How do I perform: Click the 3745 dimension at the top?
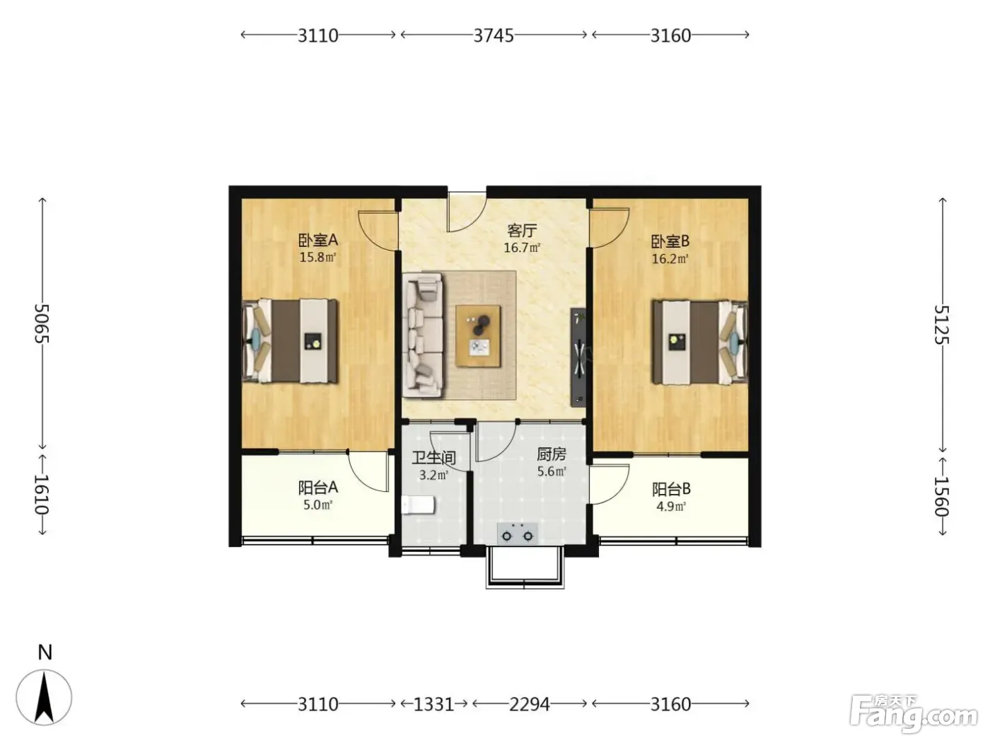point(494,35)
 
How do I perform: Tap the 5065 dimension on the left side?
point(42,323)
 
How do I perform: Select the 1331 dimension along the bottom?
point(433,704)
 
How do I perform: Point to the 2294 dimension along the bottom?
point(530,704)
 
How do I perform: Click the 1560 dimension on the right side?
point(942,496)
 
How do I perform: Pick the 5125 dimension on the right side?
point(942,325)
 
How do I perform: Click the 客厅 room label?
point(522,231)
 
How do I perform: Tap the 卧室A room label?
point(318,240)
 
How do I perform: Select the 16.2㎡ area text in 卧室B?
point(670,259)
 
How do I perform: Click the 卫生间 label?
point(434,458)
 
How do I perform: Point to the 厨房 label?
point(551,454)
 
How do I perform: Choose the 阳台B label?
point(671,488)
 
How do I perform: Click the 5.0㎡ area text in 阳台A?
point(318,505)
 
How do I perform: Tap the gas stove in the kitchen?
point(518,534)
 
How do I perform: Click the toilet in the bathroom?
point(418,505)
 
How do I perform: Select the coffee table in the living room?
point(478,336)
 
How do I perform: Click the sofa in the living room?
point(423,335)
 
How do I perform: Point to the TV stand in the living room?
point(578,357)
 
